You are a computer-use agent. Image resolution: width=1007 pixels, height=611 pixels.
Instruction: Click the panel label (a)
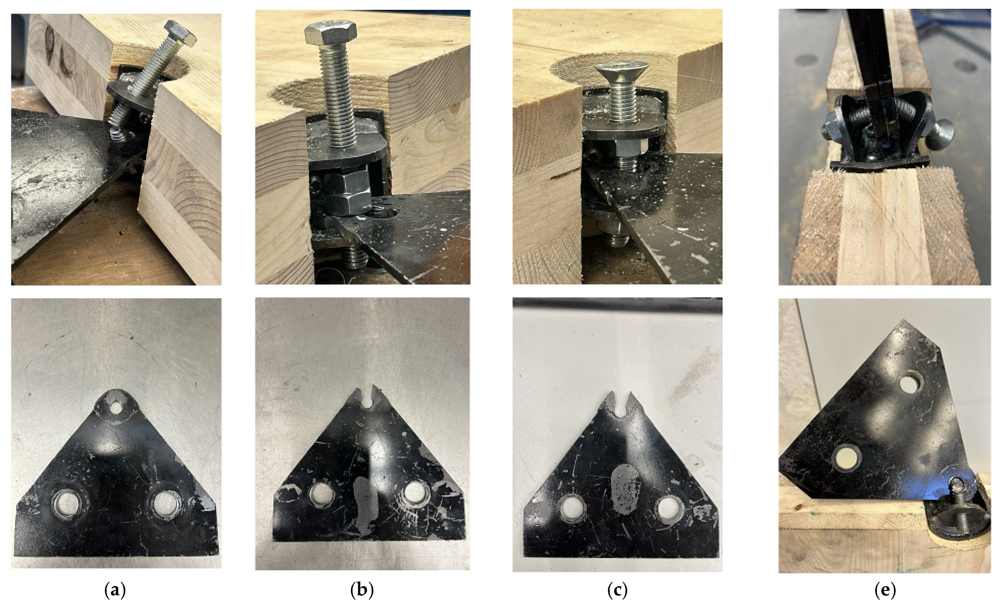point(115,590)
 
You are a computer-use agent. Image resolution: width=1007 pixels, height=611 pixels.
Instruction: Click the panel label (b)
point(362,590)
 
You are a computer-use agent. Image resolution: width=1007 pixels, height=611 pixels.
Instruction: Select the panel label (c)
point(617,590)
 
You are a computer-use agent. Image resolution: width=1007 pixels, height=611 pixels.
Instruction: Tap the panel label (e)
point(885,590)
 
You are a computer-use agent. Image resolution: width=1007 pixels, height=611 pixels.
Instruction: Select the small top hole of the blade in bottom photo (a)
point(117,407)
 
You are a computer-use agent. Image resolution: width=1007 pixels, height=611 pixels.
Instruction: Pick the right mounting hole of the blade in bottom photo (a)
point(165,502)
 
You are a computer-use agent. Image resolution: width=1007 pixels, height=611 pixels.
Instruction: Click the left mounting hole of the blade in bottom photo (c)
point(572,506)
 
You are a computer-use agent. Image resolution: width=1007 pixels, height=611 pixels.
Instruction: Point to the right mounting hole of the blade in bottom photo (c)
point(667,508)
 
